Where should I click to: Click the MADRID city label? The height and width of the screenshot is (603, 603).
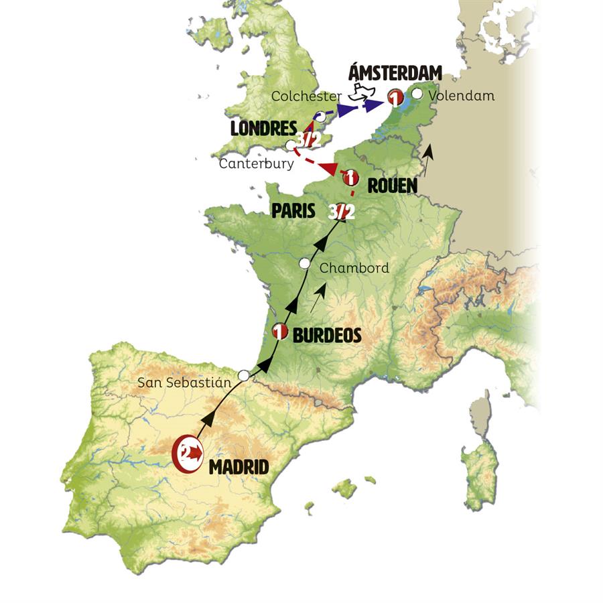239,466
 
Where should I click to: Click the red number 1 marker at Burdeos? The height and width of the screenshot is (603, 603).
280,332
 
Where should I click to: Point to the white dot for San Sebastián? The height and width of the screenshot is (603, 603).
244,376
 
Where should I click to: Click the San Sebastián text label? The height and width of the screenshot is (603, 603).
184,383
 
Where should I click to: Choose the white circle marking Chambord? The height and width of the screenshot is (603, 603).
305,264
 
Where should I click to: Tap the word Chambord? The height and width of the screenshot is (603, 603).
354,268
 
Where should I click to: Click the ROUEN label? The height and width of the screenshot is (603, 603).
392,185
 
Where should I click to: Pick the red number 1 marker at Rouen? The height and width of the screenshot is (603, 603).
349,178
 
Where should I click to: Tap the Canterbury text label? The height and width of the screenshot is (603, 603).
256,163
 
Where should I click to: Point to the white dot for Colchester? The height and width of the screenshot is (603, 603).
320,116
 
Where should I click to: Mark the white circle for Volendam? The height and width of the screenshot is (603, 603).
417,94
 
